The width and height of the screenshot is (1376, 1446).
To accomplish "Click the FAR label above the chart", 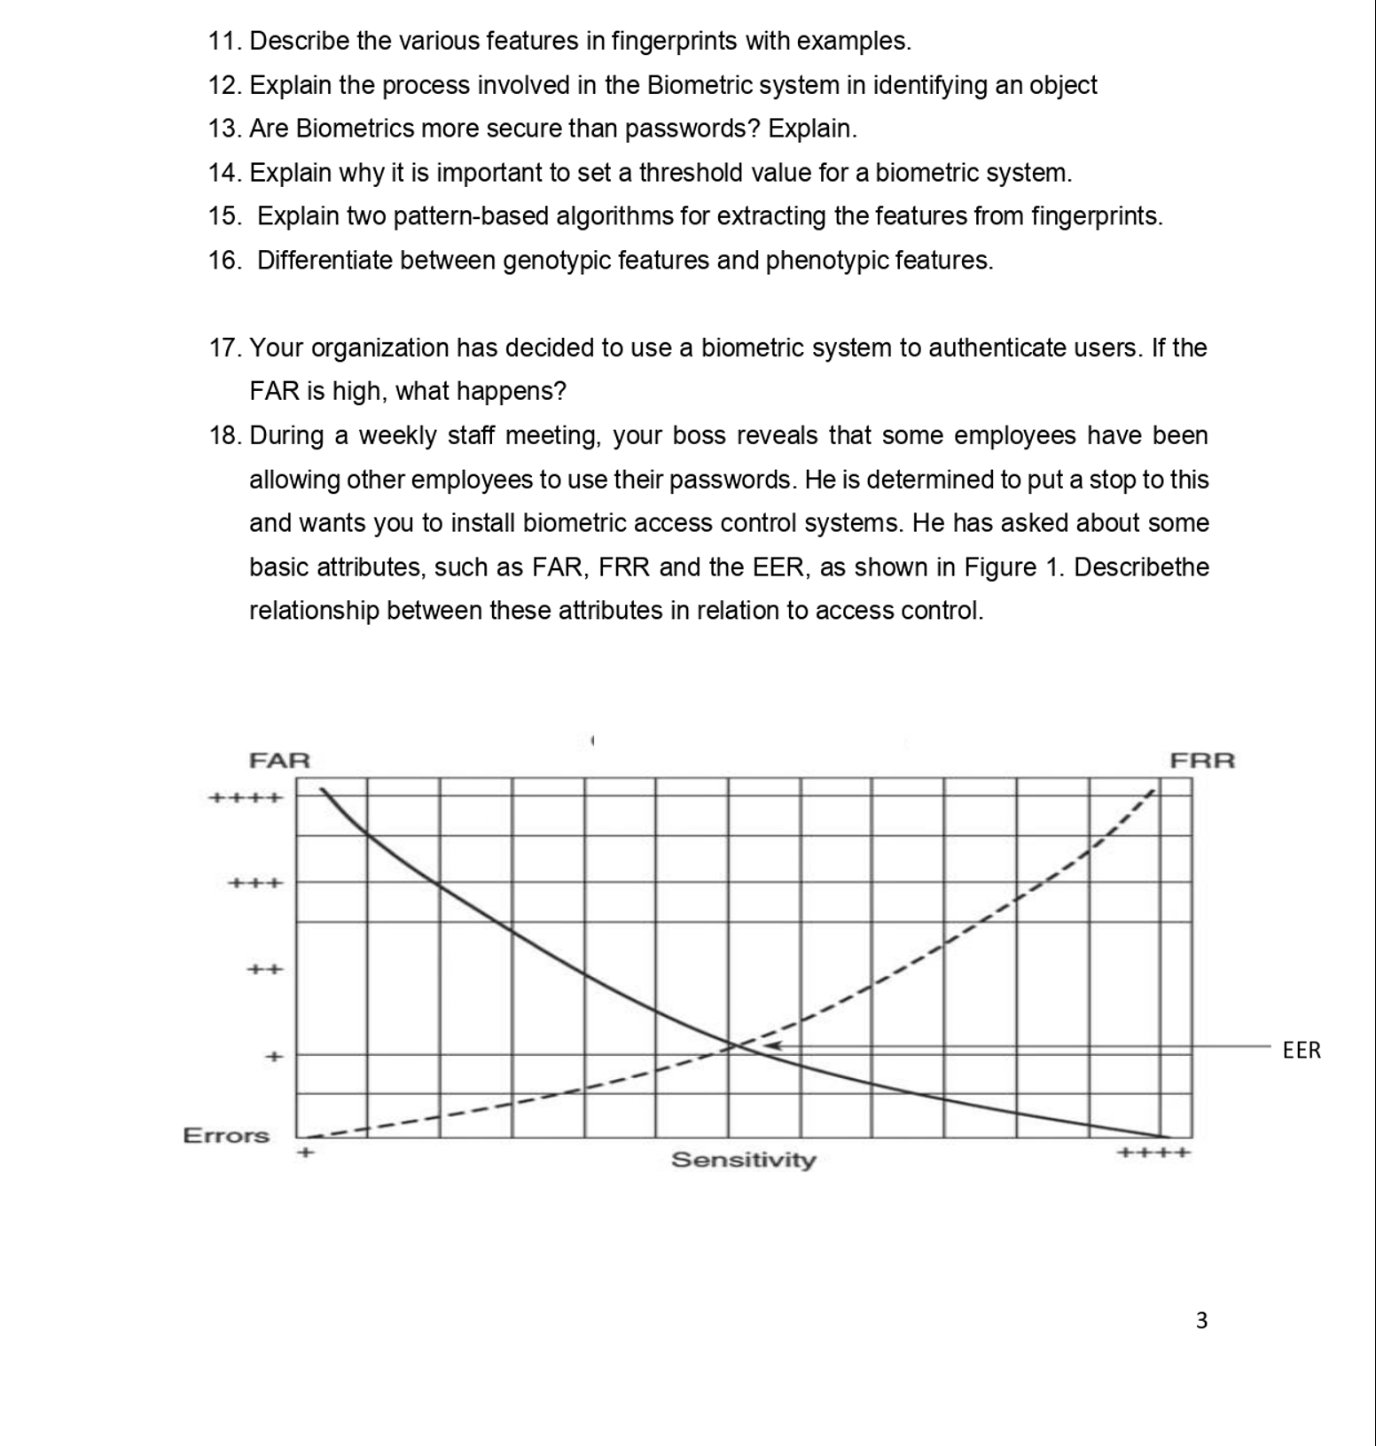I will point(279,761).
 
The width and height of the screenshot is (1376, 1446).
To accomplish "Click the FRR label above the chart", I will point(1202,761).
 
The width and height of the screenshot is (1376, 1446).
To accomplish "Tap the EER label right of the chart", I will point(1302,1051).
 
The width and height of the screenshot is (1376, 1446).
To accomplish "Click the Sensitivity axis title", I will point(743,1160).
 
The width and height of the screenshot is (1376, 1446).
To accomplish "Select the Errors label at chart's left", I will point(226,1136).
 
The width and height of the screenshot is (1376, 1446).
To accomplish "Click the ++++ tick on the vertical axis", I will point(246,797).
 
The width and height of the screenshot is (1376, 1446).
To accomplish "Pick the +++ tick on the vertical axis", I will point(255,883).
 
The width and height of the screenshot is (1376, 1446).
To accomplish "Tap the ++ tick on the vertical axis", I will point(264,970).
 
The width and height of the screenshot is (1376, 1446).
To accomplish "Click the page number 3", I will point(1201,1321).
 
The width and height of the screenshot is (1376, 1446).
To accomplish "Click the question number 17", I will point(225,348).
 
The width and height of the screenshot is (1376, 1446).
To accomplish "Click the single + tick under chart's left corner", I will point(305,1153).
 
